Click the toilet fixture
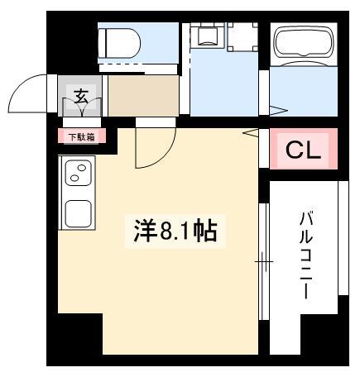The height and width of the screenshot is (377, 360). (119, 43)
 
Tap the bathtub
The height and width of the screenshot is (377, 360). (304, 43)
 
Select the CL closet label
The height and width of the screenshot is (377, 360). (303, 150)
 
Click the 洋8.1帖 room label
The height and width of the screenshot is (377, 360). (175, 231)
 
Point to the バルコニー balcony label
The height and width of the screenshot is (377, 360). (306, 255)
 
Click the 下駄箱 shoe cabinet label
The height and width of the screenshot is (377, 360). (81, 136)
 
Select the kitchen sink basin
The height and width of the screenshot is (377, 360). (78, 213)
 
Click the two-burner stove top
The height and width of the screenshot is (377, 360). (78, 173)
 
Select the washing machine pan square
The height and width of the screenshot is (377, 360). (242, 36)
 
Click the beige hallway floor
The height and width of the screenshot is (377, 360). (143, 96)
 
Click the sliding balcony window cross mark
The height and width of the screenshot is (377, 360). (264, 261)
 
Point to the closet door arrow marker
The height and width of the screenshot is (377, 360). (251, 133)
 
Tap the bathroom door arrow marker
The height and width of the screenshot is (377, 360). (279, 111)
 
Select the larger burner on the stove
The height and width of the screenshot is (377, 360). (82, 168)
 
